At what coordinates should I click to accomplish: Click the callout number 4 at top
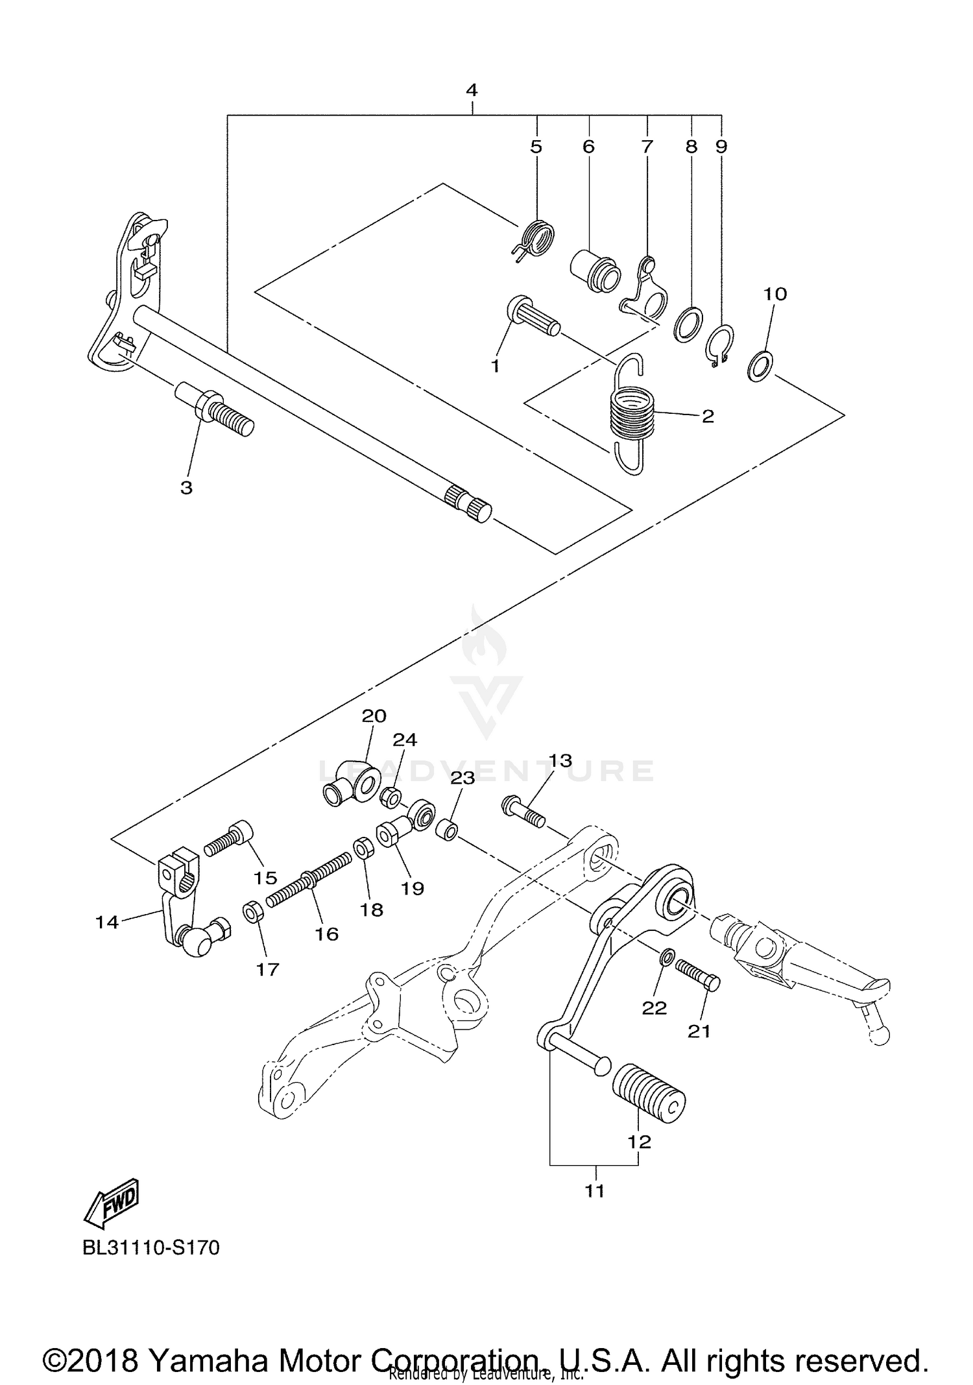click(472, 90)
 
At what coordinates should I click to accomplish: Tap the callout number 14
click(107, 921)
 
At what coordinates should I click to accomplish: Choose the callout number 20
click(374, 716)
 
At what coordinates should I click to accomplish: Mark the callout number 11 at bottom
click(594, 1190)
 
